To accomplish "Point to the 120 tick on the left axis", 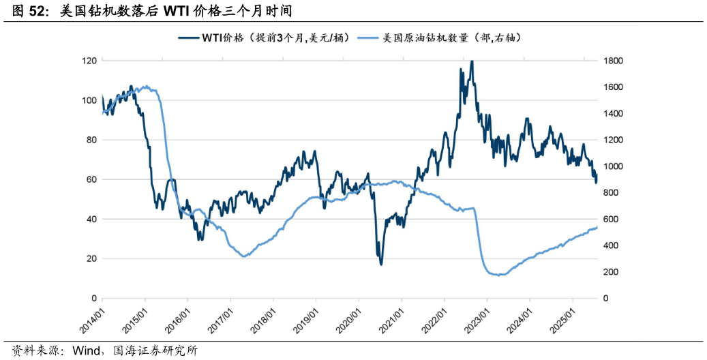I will point(89,61).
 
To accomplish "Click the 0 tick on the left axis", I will point(93,299).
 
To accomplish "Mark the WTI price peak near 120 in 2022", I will point(471,61).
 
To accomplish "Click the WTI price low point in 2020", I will point(380,264).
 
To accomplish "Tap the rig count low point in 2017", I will point(244,256).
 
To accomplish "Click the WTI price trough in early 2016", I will point(199,239).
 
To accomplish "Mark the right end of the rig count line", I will point(597,227).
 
